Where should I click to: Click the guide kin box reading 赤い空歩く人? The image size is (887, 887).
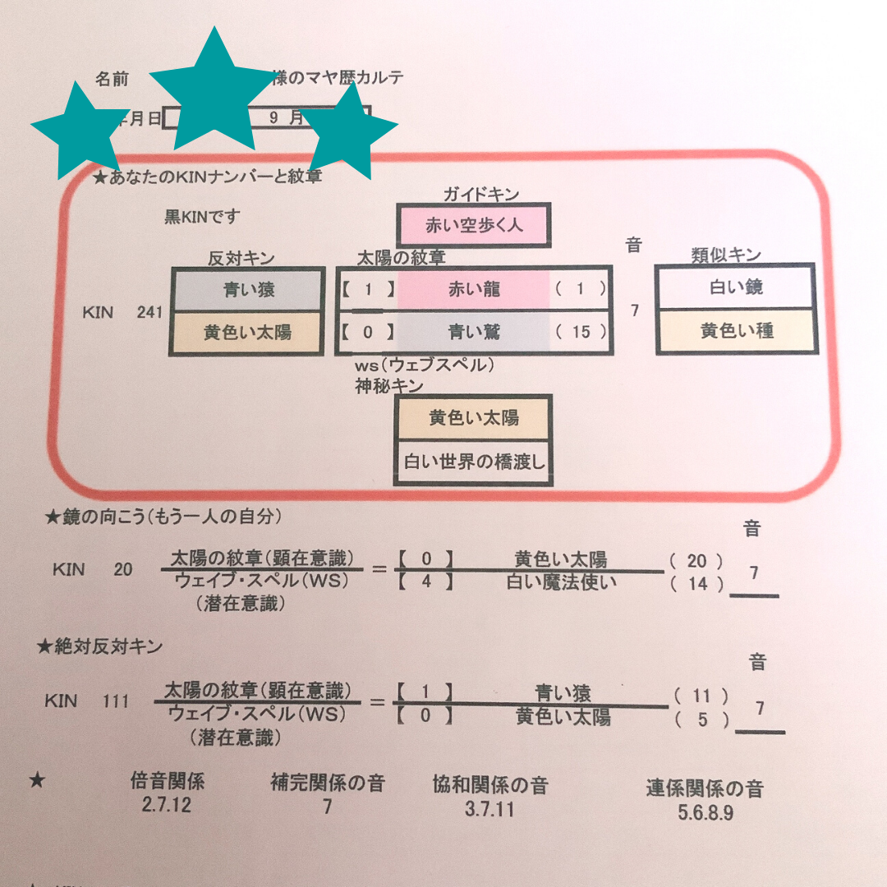(473, 224)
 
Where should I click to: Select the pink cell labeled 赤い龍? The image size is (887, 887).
(474, 288)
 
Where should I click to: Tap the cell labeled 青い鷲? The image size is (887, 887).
(474, 332)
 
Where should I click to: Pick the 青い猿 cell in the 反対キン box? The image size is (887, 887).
(246, 289)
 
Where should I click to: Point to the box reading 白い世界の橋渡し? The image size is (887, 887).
(473, 462)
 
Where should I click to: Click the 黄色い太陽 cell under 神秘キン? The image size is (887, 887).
(473, 417)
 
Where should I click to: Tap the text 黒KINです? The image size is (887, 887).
(202, 217)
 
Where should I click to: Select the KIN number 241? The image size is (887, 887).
(149, 312)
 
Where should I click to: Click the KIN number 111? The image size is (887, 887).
(116, 701)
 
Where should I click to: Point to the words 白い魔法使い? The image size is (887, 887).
(561, 583)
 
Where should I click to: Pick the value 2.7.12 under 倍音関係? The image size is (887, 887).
(166, 805)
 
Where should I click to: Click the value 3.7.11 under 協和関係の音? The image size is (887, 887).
(489, 808)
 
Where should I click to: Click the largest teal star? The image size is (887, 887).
(212, 92)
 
